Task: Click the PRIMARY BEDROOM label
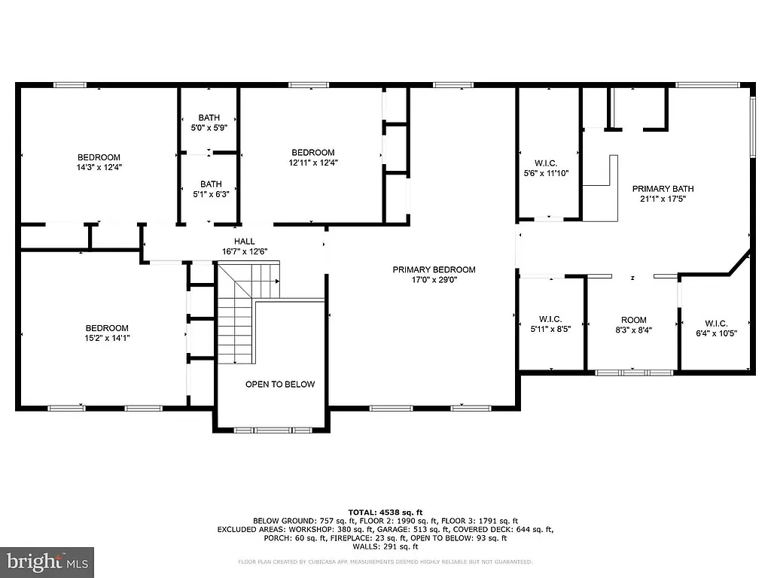[434, 269]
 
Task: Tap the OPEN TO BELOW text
[280, 384]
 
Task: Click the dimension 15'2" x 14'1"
[106, 339]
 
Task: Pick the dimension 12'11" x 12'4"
[312, 163]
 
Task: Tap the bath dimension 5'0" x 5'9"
[209, 128]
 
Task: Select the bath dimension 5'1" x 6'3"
[211, 194]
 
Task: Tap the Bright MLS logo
[47, 561]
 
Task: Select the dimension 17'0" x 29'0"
[434, 280]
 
